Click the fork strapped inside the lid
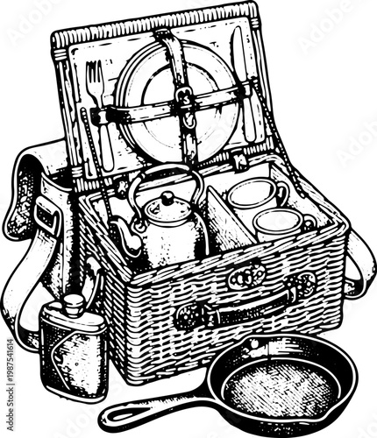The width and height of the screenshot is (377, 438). (x=97, y=96)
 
